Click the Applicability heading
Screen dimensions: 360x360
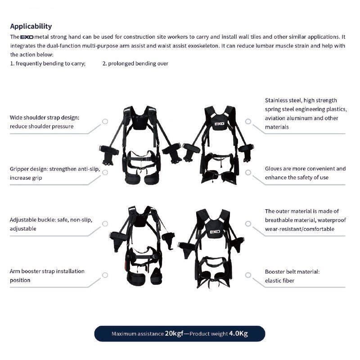click(31, 27)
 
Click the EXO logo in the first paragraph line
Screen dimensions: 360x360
click(27, 37)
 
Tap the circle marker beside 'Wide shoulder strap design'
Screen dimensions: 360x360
click(105, 121)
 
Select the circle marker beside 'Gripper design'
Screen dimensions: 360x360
click(105, 172)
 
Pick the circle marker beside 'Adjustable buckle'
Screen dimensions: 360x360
click(105, 224)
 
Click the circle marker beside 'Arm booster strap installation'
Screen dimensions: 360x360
click(105, 275)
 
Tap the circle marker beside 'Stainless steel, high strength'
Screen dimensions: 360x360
click(248, 121)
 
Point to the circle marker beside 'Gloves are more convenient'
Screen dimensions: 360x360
click(248, 172)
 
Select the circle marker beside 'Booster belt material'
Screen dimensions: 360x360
click(248, 275)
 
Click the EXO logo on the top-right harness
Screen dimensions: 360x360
click(219, 124)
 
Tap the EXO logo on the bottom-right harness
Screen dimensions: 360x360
click(215, 232)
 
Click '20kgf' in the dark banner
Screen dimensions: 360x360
click(174, 333)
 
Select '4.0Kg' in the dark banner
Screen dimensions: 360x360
click(238, 333)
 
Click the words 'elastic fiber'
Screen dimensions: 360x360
click(279, 280)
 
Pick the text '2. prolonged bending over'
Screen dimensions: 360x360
click(135, 63)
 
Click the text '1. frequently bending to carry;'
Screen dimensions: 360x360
click(48, 63)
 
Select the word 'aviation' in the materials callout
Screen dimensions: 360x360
click(275, 118)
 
